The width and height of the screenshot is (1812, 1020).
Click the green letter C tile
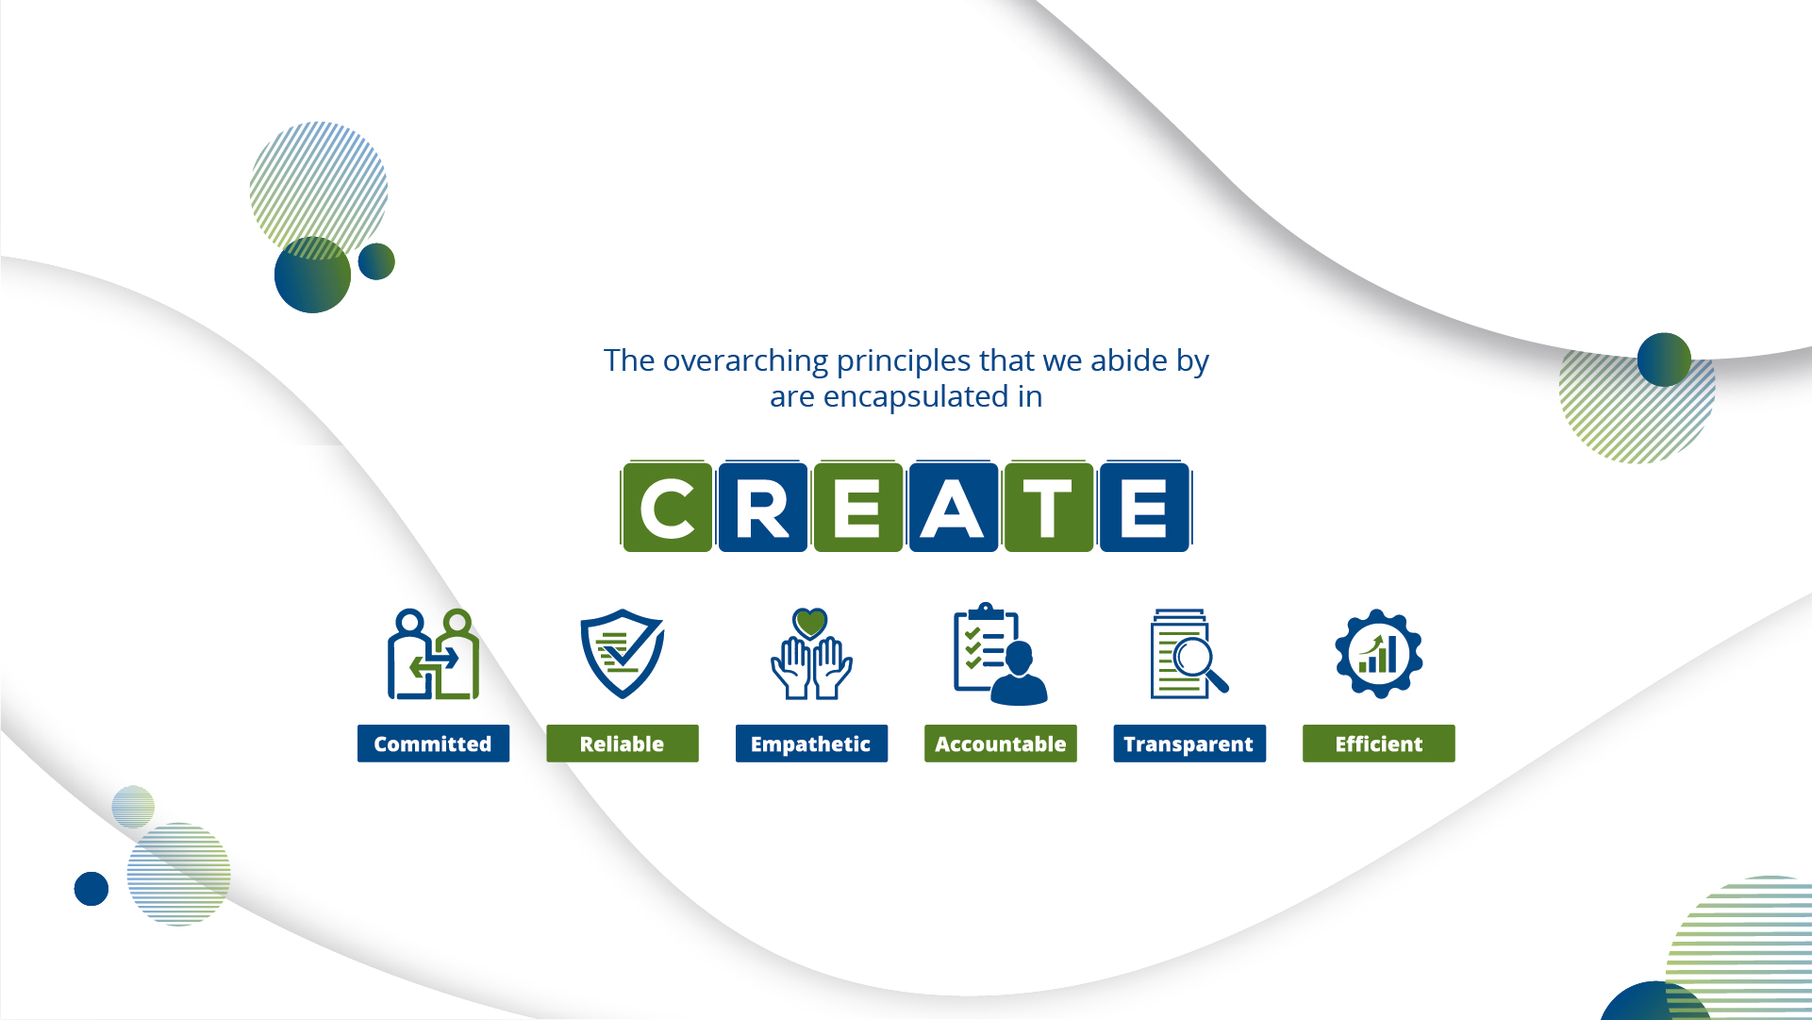pyautogui.click(x=668, y=508)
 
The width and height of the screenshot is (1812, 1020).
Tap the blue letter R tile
pyautogui.click(x=763, y=508)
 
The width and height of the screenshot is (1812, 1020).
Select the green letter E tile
pyautogui.click(x=858, y=508)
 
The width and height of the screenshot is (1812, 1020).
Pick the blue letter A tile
pyautogui.click(x=954, y=508)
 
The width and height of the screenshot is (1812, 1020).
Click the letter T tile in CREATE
pyautogui.click(x=1049, y=508)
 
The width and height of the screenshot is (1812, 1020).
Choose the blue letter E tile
pyautogui.click(x=1144, y=508)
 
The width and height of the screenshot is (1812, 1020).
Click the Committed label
pyautogui.click(x=433, y=744)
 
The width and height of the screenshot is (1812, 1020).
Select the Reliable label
pyautogui.click(x=623, y=744)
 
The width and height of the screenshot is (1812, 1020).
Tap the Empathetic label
pyautogui.click(x=811, y=744)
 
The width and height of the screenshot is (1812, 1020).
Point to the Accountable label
pyautogui.click(x=1001, y=744)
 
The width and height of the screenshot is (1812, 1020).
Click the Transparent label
pyautogui.click(x=1189, y=744)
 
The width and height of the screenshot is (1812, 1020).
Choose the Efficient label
pyautogui.click(x=1379, y=744)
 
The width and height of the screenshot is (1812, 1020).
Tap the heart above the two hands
pyautogui.click(x=810, y=623)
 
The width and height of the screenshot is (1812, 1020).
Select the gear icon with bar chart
pyautogui.click(x=1379, y=654)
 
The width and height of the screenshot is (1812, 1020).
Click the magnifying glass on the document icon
pyautogui.click(x=1198, y=662)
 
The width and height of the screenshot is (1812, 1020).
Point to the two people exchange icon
pyautogui.click(x=433, y=654)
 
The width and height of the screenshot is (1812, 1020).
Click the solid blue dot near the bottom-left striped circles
pyautogui.click(x=91, y=889)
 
